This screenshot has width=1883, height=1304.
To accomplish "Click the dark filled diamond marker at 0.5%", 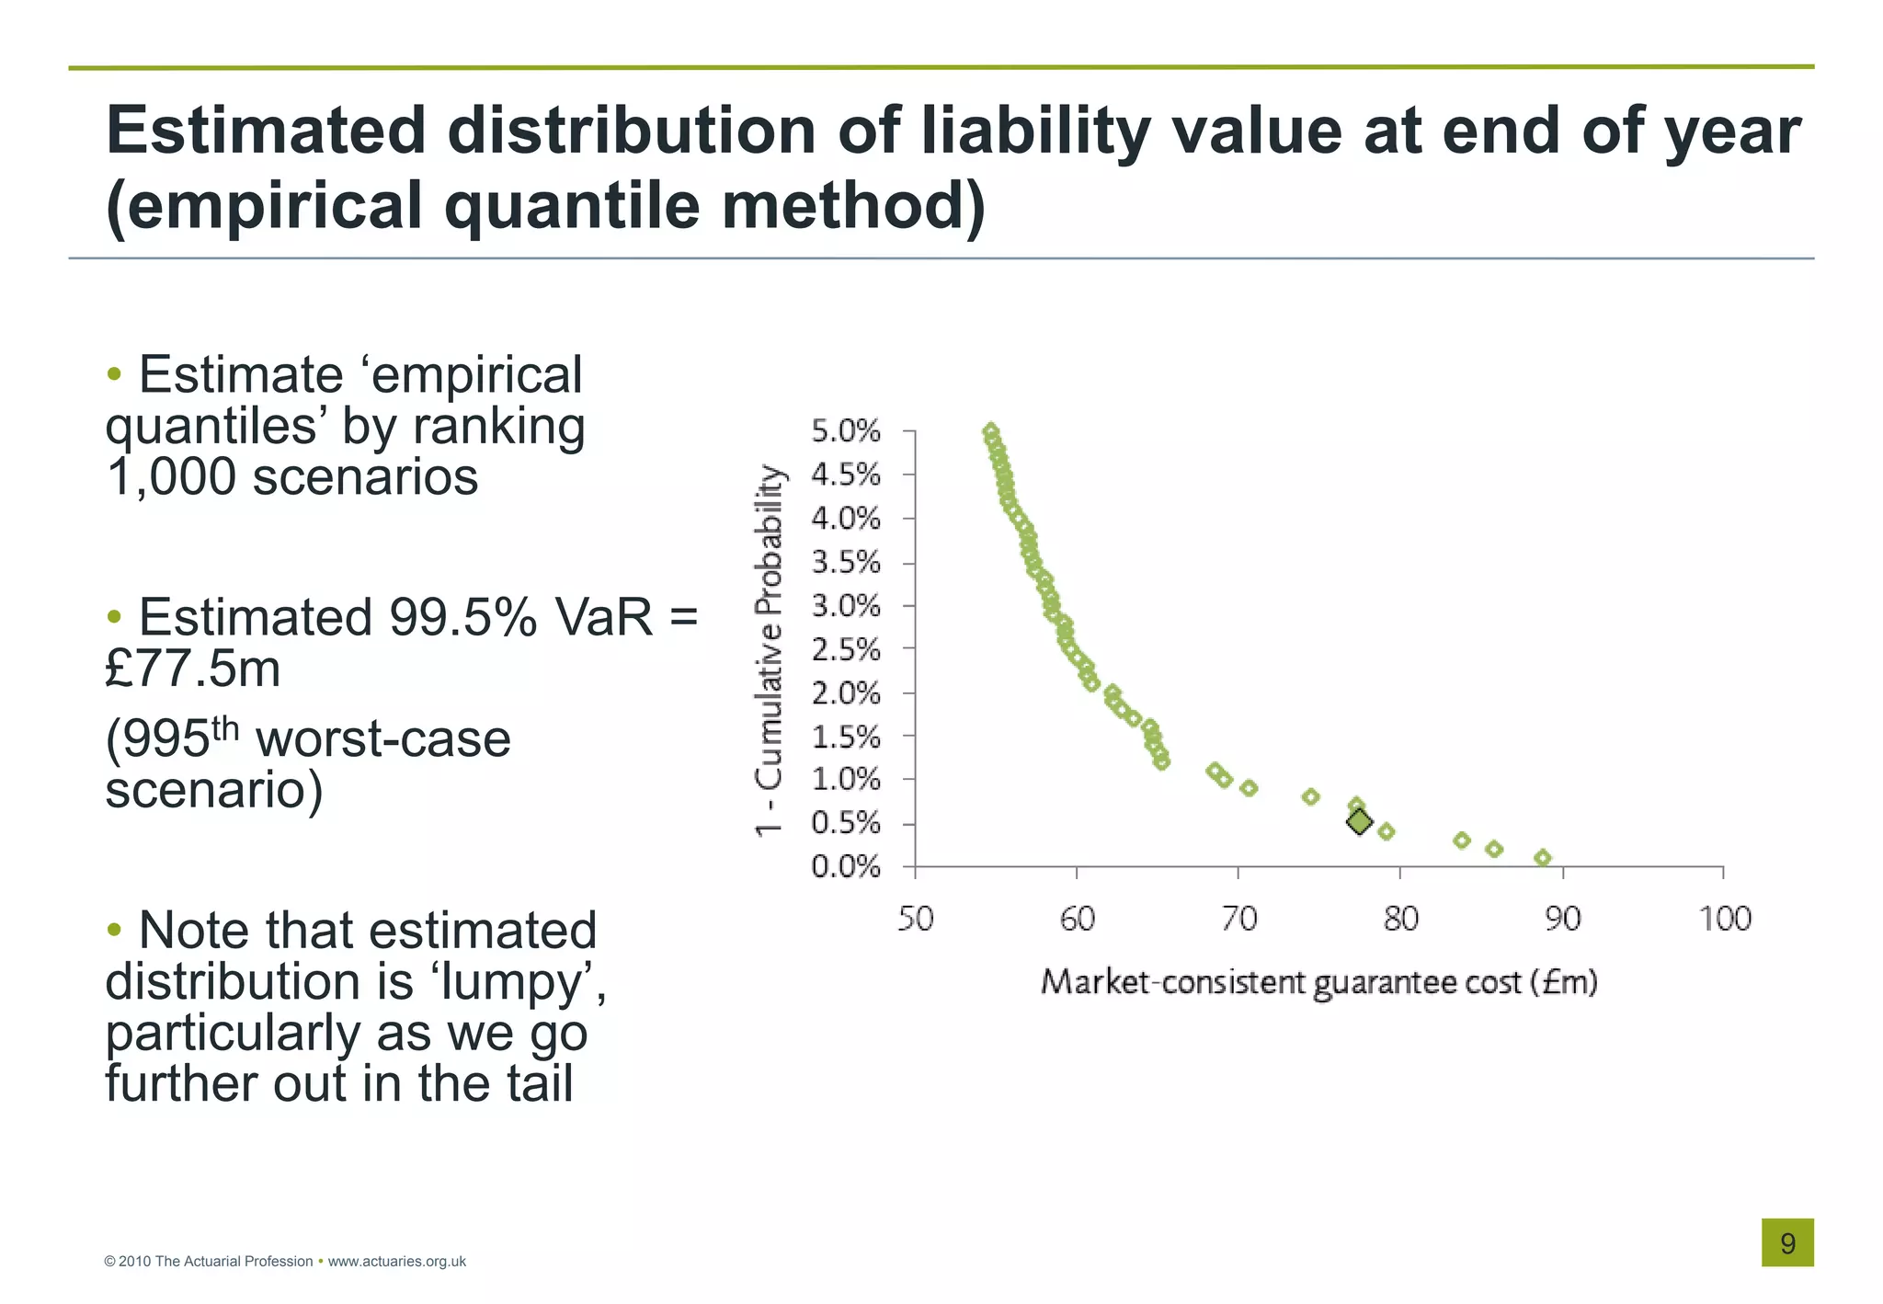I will tap(1359, 821).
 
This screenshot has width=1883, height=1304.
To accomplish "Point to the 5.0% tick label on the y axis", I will tap(845, 431).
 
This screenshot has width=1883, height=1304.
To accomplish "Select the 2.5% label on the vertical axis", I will tap(845, 650).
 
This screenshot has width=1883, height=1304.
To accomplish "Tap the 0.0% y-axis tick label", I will tap(845, 867).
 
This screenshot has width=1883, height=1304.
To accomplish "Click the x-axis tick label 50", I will tap(915, 919).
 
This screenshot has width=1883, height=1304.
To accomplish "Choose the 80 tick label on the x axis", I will tap(1400, 919).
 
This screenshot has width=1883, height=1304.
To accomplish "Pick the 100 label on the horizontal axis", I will tap(1724, 919).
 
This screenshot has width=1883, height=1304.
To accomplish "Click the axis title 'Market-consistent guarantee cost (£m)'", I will tap(1318, 983).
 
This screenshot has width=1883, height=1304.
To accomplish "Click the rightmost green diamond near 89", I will tap(1543, 858).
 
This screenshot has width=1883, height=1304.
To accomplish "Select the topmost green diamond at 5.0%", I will tap(990, 431).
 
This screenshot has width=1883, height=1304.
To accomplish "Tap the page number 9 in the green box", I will tap(1787, 1243).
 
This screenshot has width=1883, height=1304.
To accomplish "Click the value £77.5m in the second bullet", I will tap(192, 669).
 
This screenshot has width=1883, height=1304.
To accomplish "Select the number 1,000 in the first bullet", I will tap(170, 477).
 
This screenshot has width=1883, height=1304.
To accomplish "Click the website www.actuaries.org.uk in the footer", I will tap(396, 1262).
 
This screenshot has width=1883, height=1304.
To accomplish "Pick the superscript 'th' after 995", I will tap(225, 728).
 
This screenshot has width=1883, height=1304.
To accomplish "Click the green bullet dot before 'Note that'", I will tap(114, 930).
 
